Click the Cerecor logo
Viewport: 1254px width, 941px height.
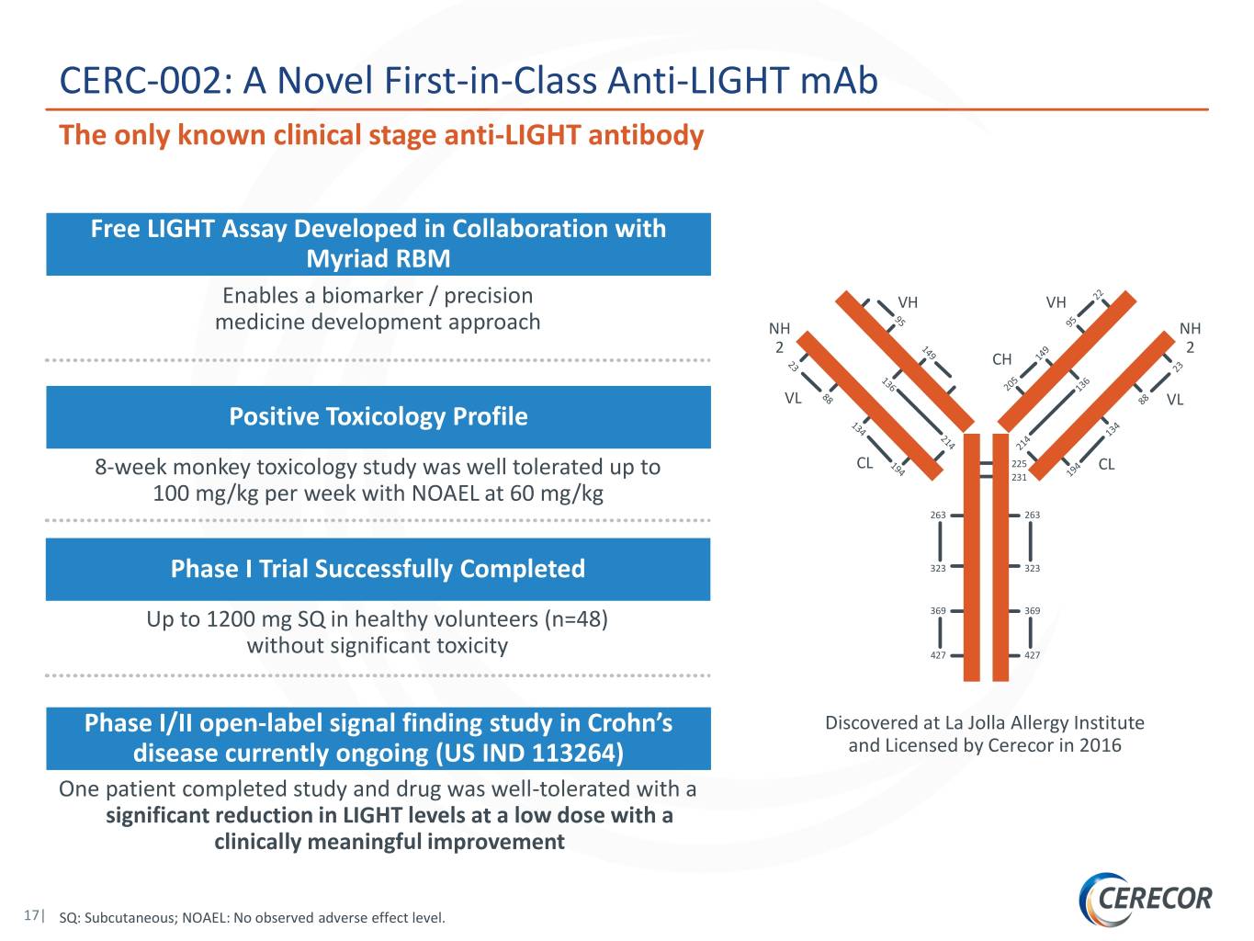[1145, 899]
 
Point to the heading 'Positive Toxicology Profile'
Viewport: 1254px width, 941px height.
[378, 416]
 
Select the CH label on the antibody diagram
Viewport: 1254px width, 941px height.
[1001, 359]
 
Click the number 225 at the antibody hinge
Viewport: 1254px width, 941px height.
[1019, 464]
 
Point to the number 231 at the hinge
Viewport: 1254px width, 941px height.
[1019, 478]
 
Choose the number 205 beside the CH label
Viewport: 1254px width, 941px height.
[1011, 383]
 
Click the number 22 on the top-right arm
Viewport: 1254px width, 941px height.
[1098, 295]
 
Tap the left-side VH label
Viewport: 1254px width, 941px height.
[908, 302]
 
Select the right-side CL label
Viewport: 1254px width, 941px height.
[1106, 464]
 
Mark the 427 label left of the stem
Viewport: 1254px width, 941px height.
[937, 655]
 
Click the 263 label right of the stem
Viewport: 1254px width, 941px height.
[1032, 515]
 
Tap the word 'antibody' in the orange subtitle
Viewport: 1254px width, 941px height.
[646, 136]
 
